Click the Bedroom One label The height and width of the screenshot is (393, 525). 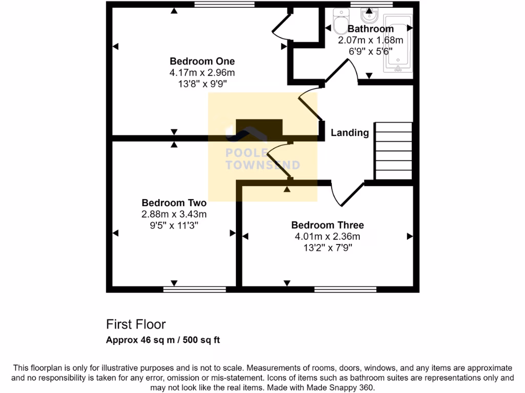(x=202, y=61)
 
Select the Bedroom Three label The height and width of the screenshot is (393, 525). (x=327, y=225)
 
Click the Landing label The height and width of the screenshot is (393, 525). (x=350, y=133)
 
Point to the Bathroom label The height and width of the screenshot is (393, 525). (x=370, y=29)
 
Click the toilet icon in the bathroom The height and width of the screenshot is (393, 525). (x=340, y=20)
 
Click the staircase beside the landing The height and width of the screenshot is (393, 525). (x=394, y=151)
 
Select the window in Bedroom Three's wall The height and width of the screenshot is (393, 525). (x=345, y=290)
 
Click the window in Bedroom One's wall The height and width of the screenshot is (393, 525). (x=225, y=5)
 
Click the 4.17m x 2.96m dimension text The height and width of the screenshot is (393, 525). (x=202, y=73)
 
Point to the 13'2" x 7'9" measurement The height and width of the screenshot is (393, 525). (x=327, y=248)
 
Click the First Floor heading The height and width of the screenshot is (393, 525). (x=136, y=324)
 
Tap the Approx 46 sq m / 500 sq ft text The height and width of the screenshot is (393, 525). (x=163, y=340)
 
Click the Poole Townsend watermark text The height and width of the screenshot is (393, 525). (x=262, y=159)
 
